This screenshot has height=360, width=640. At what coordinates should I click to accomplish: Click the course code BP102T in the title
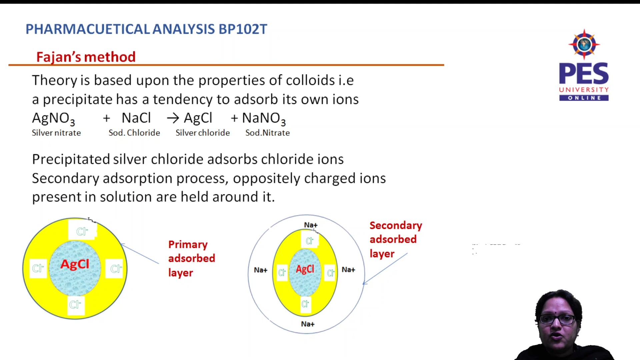(243, 29)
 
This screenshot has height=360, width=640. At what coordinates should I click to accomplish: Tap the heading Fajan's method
(86, 57)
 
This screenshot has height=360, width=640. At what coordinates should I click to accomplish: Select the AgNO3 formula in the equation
(53, 119)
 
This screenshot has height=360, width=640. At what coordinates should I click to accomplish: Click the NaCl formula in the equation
(136, 118)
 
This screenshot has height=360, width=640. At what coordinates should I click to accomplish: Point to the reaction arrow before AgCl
(173, 118)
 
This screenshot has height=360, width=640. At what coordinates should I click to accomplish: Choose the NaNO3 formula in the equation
(263, 119)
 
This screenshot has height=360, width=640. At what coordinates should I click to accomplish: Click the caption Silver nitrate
(56, 133)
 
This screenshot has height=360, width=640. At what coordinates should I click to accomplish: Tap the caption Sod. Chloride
(134, 133)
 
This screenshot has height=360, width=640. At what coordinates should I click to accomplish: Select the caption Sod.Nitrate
(267, 133)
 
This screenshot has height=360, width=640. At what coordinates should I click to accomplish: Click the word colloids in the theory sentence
(310, 80)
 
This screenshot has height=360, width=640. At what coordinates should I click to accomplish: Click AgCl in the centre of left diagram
(75, 264)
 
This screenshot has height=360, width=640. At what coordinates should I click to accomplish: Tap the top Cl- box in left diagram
(82, 231)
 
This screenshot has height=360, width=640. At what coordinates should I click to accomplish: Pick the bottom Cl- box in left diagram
(75, 304)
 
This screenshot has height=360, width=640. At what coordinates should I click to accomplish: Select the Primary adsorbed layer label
(191, 258)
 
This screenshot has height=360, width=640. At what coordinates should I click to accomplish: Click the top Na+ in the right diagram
(311, 225)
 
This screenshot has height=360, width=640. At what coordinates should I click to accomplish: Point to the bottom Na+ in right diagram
(308, 324)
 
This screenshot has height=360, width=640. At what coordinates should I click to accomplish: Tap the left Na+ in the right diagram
(261, 270)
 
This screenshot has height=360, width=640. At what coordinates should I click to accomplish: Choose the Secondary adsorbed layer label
(395, 239)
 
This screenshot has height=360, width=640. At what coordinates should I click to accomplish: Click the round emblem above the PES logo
(584, 44)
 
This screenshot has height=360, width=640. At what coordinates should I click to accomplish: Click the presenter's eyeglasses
(557, 319)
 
